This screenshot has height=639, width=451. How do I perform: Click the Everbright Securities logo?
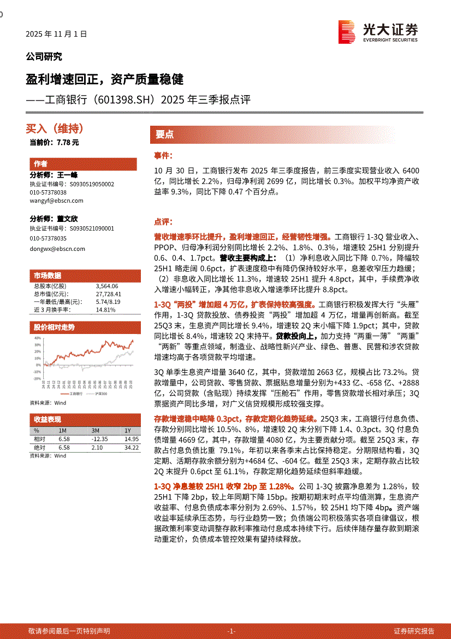click(378, 32)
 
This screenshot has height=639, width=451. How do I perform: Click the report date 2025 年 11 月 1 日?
click(56, 34)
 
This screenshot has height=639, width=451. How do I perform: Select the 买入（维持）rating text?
click(55, 128)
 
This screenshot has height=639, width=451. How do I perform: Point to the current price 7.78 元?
click(54, 142)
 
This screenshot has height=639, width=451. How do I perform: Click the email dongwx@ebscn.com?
click(57, 248)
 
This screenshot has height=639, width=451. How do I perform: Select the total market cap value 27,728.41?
click(108, 294)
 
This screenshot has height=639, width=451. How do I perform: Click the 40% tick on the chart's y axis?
click(37, 338)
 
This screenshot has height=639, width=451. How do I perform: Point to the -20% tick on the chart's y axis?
click(37, 378)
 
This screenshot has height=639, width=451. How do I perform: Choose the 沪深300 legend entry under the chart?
click(102, 393)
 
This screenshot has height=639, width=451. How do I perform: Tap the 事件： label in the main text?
click(163, 156)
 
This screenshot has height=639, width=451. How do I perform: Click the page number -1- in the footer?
click(231, 631)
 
